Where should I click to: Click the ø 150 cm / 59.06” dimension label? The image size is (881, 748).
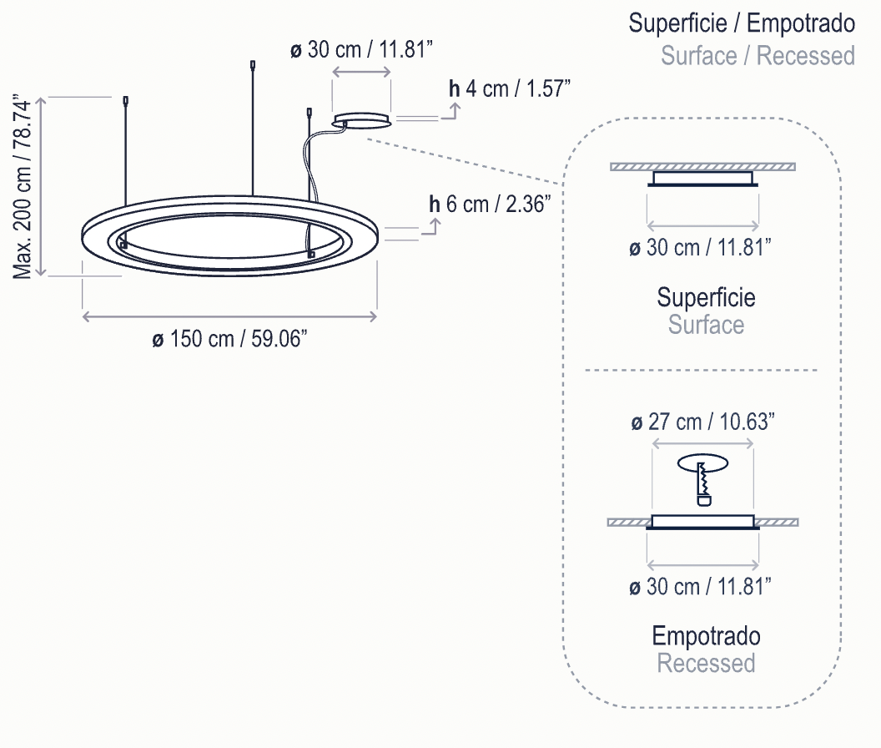pos(229,339)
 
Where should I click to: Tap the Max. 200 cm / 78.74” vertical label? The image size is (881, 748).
pos(23,187)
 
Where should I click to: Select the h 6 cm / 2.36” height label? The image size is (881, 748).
pos(490,205)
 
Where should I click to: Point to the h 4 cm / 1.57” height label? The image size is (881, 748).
pos(510,88)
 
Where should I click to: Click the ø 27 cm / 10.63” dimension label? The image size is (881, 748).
pos(703,422)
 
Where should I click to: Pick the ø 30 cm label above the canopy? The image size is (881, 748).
pos(362,49)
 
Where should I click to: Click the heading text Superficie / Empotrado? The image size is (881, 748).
pos(742,23)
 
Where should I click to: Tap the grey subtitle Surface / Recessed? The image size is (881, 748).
pos(758,56)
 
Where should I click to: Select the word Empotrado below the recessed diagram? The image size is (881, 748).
pos(707,636)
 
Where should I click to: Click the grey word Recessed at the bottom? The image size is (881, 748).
pos(707,663)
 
